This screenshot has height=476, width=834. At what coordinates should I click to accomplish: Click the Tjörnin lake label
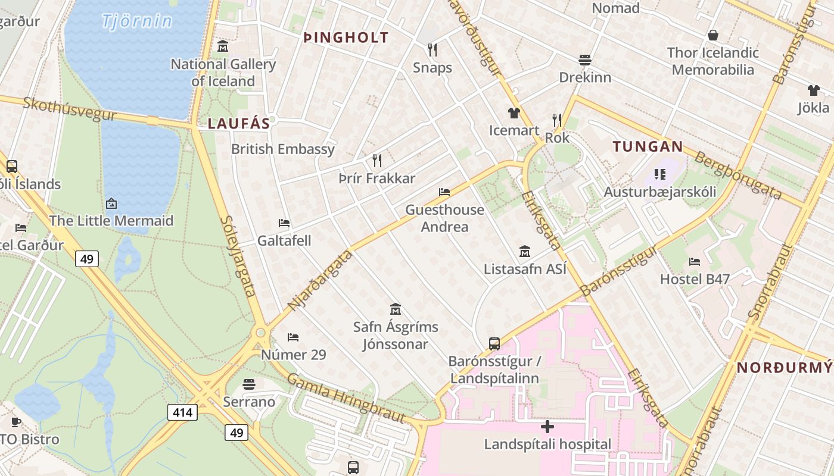pos(137,21)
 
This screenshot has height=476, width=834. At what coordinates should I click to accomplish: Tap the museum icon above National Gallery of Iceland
pos(223,46)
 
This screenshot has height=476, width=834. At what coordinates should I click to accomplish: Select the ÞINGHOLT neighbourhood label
pos(346,37)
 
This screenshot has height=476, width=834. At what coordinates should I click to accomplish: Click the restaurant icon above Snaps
pos(432,49)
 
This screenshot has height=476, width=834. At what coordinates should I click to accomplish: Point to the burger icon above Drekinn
pos(585,59)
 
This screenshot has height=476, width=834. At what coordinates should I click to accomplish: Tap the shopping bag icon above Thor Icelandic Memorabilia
pos(713,35)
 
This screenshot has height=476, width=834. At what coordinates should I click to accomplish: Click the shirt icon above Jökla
pos(813,90)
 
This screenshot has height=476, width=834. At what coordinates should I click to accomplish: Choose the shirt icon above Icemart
pos(514,112)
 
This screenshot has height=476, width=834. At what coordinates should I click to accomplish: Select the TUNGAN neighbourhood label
pos(648,146)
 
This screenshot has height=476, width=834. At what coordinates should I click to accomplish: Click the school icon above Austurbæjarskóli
pos(659,174)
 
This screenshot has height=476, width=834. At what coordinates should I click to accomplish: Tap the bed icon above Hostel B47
pos(695,261)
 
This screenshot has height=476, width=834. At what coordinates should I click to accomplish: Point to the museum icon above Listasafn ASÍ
pos(525,252)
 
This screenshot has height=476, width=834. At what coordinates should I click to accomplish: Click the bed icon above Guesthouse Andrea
pos(444,192)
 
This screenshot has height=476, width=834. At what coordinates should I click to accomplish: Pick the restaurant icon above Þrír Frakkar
pos(376,160)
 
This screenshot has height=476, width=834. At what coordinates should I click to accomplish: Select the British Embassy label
pos(283,149)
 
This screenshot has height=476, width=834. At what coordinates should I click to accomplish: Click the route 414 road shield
pos(182,412)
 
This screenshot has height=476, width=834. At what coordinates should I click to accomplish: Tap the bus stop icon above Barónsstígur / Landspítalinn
pos(494,343)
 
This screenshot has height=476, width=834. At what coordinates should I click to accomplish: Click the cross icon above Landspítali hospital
pos(547,427)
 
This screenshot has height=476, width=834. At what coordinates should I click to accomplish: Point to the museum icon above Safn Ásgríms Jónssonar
pos(395,309)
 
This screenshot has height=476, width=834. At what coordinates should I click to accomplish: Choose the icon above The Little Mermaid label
pos(111,203)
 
